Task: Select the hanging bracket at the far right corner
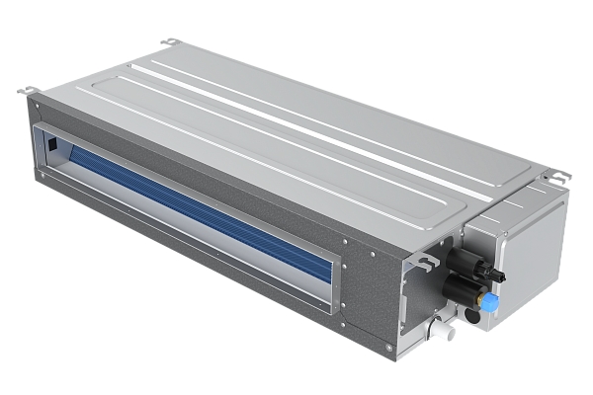(x=559, y=177)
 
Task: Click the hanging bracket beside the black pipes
(x=427, y=261)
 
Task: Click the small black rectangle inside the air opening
(x=51, y=145)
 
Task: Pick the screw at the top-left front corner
(x=36, y=102)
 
